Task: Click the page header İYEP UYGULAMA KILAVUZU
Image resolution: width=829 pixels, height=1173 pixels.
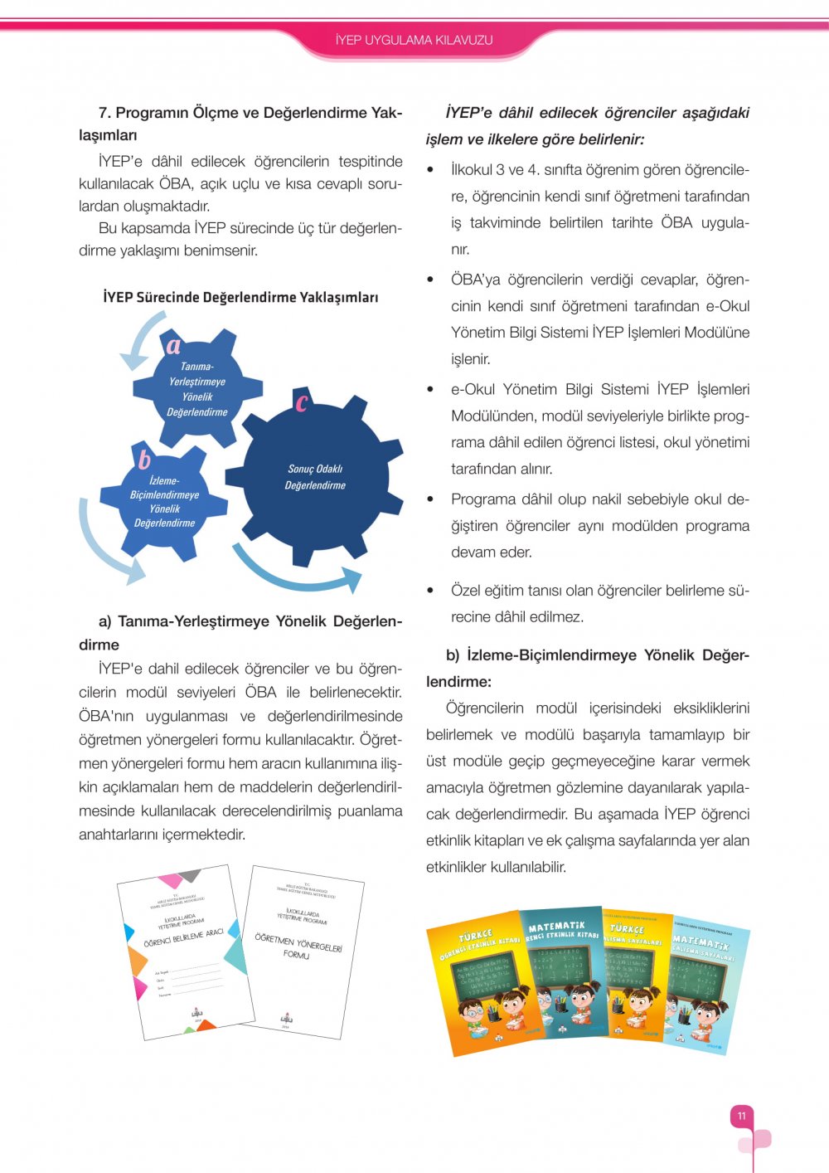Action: [414, 40]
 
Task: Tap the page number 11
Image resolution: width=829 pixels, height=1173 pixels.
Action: [742, 1116]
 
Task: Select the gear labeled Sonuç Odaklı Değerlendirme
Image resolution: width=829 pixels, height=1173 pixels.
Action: [315, 477]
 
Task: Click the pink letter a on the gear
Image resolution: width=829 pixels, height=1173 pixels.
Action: [173, 345]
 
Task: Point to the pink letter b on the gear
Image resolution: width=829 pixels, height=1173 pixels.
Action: [143, 458]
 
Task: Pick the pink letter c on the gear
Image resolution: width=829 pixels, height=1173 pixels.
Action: [301, 402]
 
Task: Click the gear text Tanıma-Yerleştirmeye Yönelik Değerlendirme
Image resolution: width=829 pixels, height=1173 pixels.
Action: [197, 389]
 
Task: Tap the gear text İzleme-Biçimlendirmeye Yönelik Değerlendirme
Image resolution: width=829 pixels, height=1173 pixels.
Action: [164, 501]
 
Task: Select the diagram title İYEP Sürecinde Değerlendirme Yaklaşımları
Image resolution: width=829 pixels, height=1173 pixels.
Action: [240, 297]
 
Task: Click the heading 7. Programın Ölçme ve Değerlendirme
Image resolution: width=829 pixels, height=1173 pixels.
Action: [240, 123]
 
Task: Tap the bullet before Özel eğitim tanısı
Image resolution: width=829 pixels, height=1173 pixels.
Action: [430, 591]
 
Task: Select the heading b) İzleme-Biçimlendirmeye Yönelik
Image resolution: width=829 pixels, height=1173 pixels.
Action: [588, 668]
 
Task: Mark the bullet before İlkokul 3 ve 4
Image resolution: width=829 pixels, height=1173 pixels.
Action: [430, 170]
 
